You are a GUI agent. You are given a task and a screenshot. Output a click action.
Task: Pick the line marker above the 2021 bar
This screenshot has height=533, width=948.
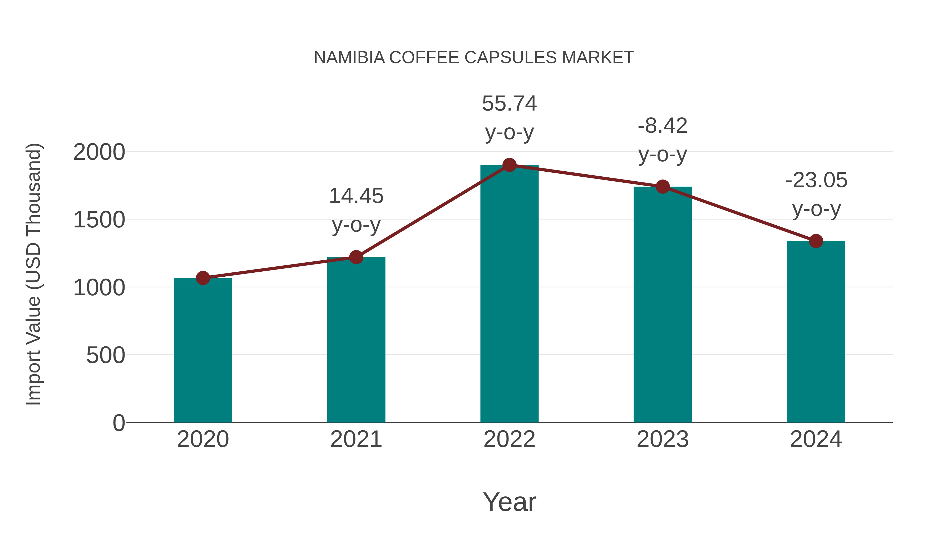[356, 257]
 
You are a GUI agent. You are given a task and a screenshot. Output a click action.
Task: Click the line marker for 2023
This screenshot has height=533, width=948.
[663, 187]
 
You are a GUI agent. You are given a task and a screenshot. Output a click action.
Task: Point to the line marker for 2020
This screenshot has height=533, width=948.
[203, 278]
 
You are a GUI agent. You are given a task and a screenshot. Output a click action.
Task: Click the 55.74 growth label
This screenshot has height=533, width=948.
[509, 104]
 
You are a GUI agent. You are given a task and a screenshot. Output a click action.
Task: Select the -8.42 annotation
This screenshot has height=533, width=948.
[663, 126]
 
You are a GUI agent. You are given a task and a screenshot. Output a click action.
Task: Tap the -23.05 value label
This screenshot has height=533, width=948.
[816, 180]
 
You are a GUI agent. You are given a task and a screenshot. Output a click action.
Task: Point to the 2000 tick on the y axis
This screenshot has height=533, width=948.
[99, 152]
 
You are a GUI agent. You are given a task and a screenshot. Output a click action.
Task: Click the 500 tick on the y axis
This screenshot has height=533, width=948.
[106, 356]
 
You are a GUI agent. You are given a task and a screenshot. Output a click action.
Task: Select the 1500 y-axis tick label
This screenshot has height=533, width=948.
[99, 220]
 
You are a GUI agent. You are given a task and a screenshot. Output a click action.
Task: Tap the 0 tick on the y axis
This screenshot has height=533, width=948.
[118, 423]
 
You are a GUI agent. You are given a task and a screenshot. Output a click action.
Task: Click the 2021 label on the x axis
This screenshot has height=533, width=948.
[356, 439]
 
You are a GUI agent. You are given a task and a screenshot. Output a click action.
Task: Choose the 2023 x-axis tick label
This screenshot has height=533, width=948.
[663, 439]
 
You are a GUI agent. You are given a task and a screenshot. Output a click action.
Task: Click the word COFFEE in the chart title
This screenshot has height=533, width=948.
[424, 58]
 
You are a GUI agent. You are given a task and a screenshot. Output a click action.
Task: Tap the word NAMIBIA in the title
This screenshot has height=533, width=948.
[349, 58]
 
